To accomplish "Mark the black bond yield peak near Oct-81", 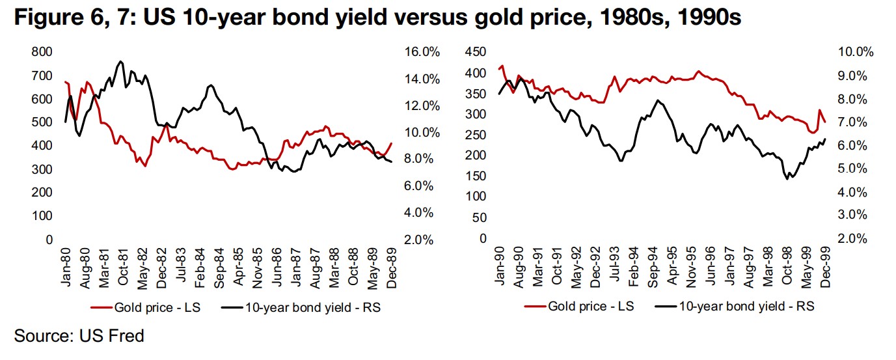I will tap(120, 61).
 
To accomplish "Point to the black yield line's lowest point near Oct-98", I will tap(787, 178).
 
